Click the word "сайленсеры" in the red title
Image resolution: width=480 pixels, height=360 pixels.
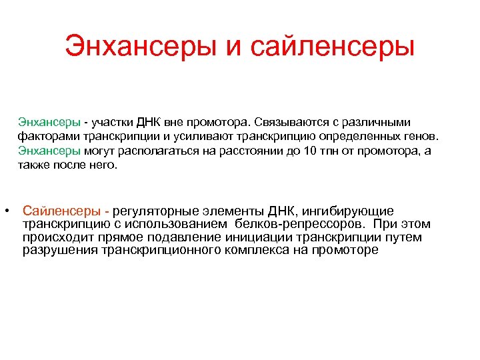click(333, 47)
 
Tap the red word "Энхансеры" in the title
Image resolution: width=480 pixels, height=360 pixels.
click(143, 47)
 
